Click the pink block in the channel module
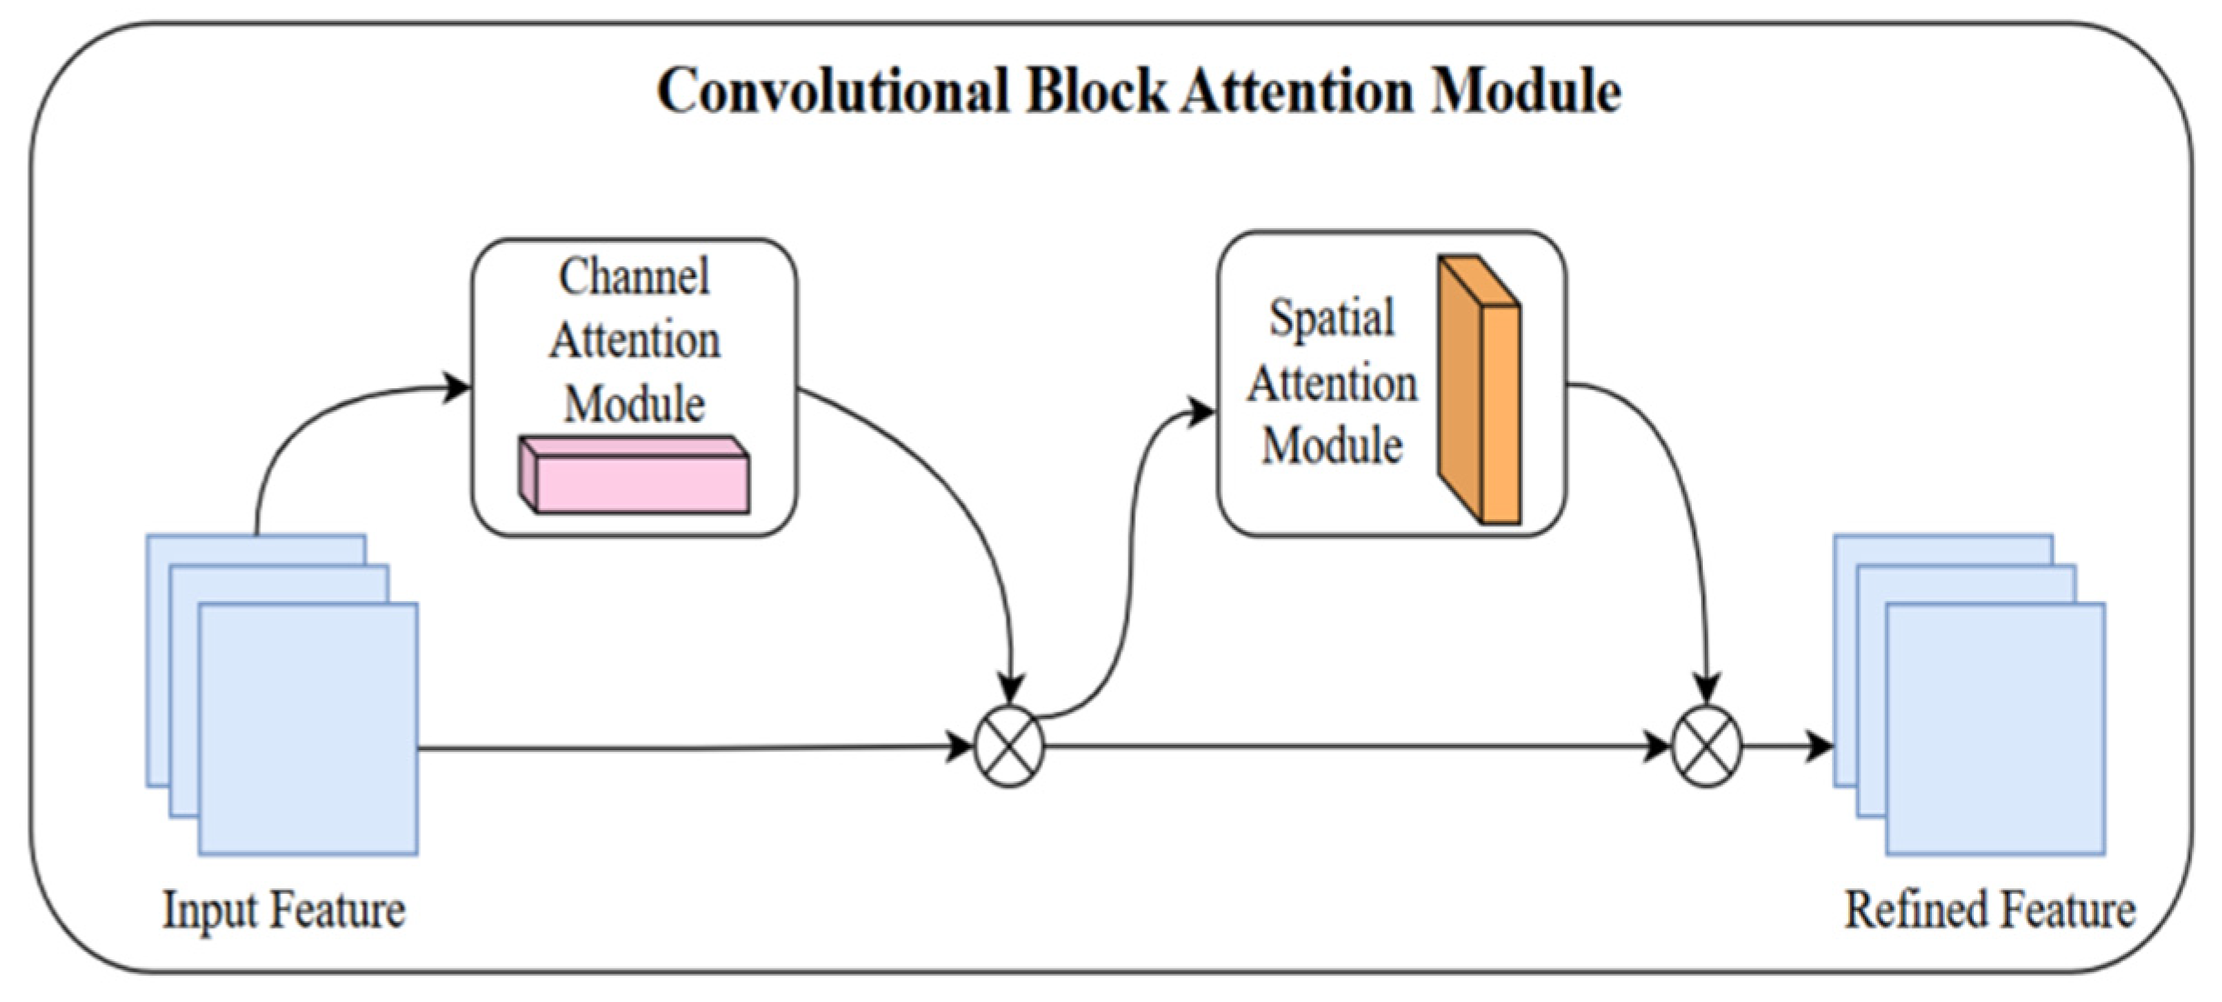click(x=635, y=475)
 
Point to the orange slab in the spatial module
click(x=1479, y=389)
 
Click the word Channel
click(x=634, y=276)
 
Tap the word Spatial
click(x=1332, y=318)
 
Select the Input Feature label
click(x=284, y=909)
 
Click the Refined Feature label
click(x=1989, y=909)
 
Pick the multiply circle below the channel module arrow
click(x=1009, y=746)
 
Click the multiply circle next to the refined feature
click(x=1707, y=746)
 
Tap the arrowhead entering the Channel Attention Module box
click(x=456, y=387)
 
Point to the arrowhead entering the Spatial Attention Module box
click(x=1202, y=412)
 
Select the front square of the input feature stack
click(x=308, y=729)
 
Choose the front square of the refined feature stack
click(x=1996, y=729)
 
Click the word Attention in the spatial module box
click(x=1332, y=384)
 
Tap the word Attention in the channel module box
click(x=635, y=341)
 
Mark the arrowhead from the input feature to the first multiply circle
click(x=959, y=746)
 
